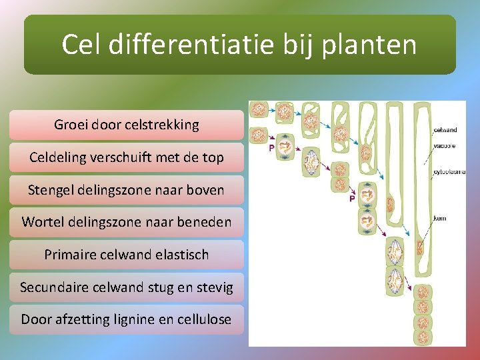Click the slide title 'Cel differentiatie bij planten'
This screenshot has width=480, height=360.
pyautogui.click(x=239, y=45)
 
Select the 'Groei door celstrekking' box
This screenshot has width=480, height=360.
pyautogui.click(x=127, y=125)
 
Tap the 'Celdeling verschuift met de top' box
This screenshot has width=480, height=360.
pyautogui.click(x=127, y=157)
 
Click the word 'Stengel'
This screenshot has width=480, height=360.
pyautogui.click(x=51, y=190)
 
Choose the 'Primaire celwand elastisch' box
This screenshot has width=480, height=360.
pyautogui.click(x=127, y=255)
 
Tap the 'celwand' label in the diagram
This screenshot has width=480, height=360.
pyautogui.click(x=445, y=130)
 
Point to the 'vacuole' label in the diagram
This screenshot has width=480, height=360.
pyautogui.click(x=445, y=144)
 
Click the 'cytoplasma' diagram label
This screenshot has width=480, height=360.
pyautogui.click(x=448, y=173)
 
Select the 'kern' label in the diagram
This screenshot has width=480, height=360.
pyautogui.click(x=439, y=218)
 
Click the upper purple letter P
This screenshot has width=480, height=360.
pyautogui.click(x=271, y=148)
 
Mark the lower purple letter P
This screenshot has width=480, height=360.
pyautogui.click(x=352, y=198)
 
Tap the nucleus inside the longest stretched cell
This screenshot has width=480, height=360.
pyautogui.click(x=421, y=248)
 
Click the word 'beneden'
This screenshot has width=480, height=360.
pyautogui.click(x=203, y=222)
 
